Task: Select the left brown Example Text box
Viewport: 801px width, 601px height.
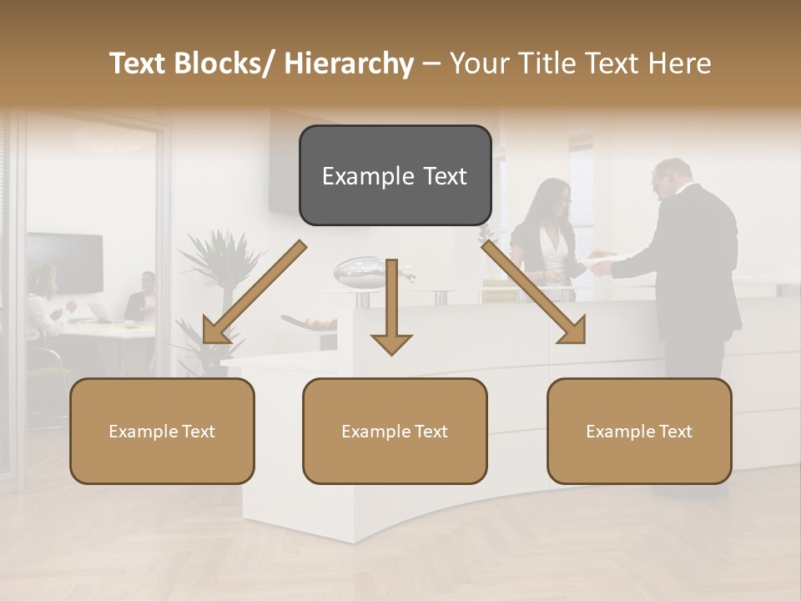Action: point(162,431)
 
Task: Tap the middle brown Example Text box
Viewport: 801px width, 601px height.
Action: point(395,431)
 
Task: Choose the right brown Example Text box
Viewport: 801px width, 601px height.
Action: point(639,431)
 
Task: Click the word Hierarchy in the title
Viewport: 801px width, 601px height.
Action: point(349,63)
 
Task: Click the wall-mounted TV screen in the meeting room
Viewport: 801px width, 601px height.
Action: point(65,262)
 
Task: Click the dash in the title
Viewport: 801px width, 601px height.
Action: point(431,63)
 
